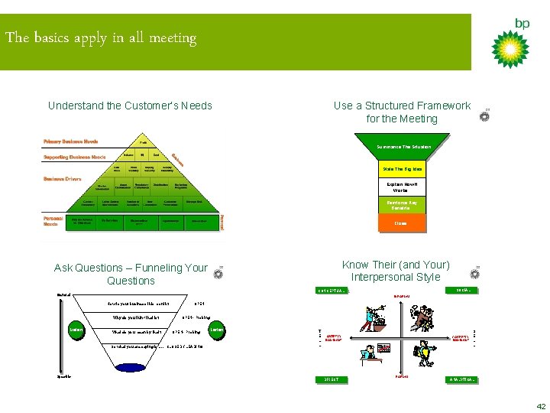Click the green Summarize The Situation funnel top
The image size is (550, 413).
403,147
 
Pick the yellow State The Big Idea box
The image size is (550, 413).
402,168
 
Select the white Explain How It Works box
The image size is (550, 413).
401,187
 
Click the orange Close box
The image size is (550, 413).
401,223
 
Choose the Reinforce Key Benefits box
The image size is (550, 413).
401,205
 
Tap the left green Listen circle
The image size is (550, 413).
76,330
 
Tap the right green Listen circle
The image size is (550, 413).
217,330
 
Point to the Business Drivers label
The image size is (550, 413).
64,180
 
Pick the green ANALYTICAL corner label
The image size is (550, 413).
462,379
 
